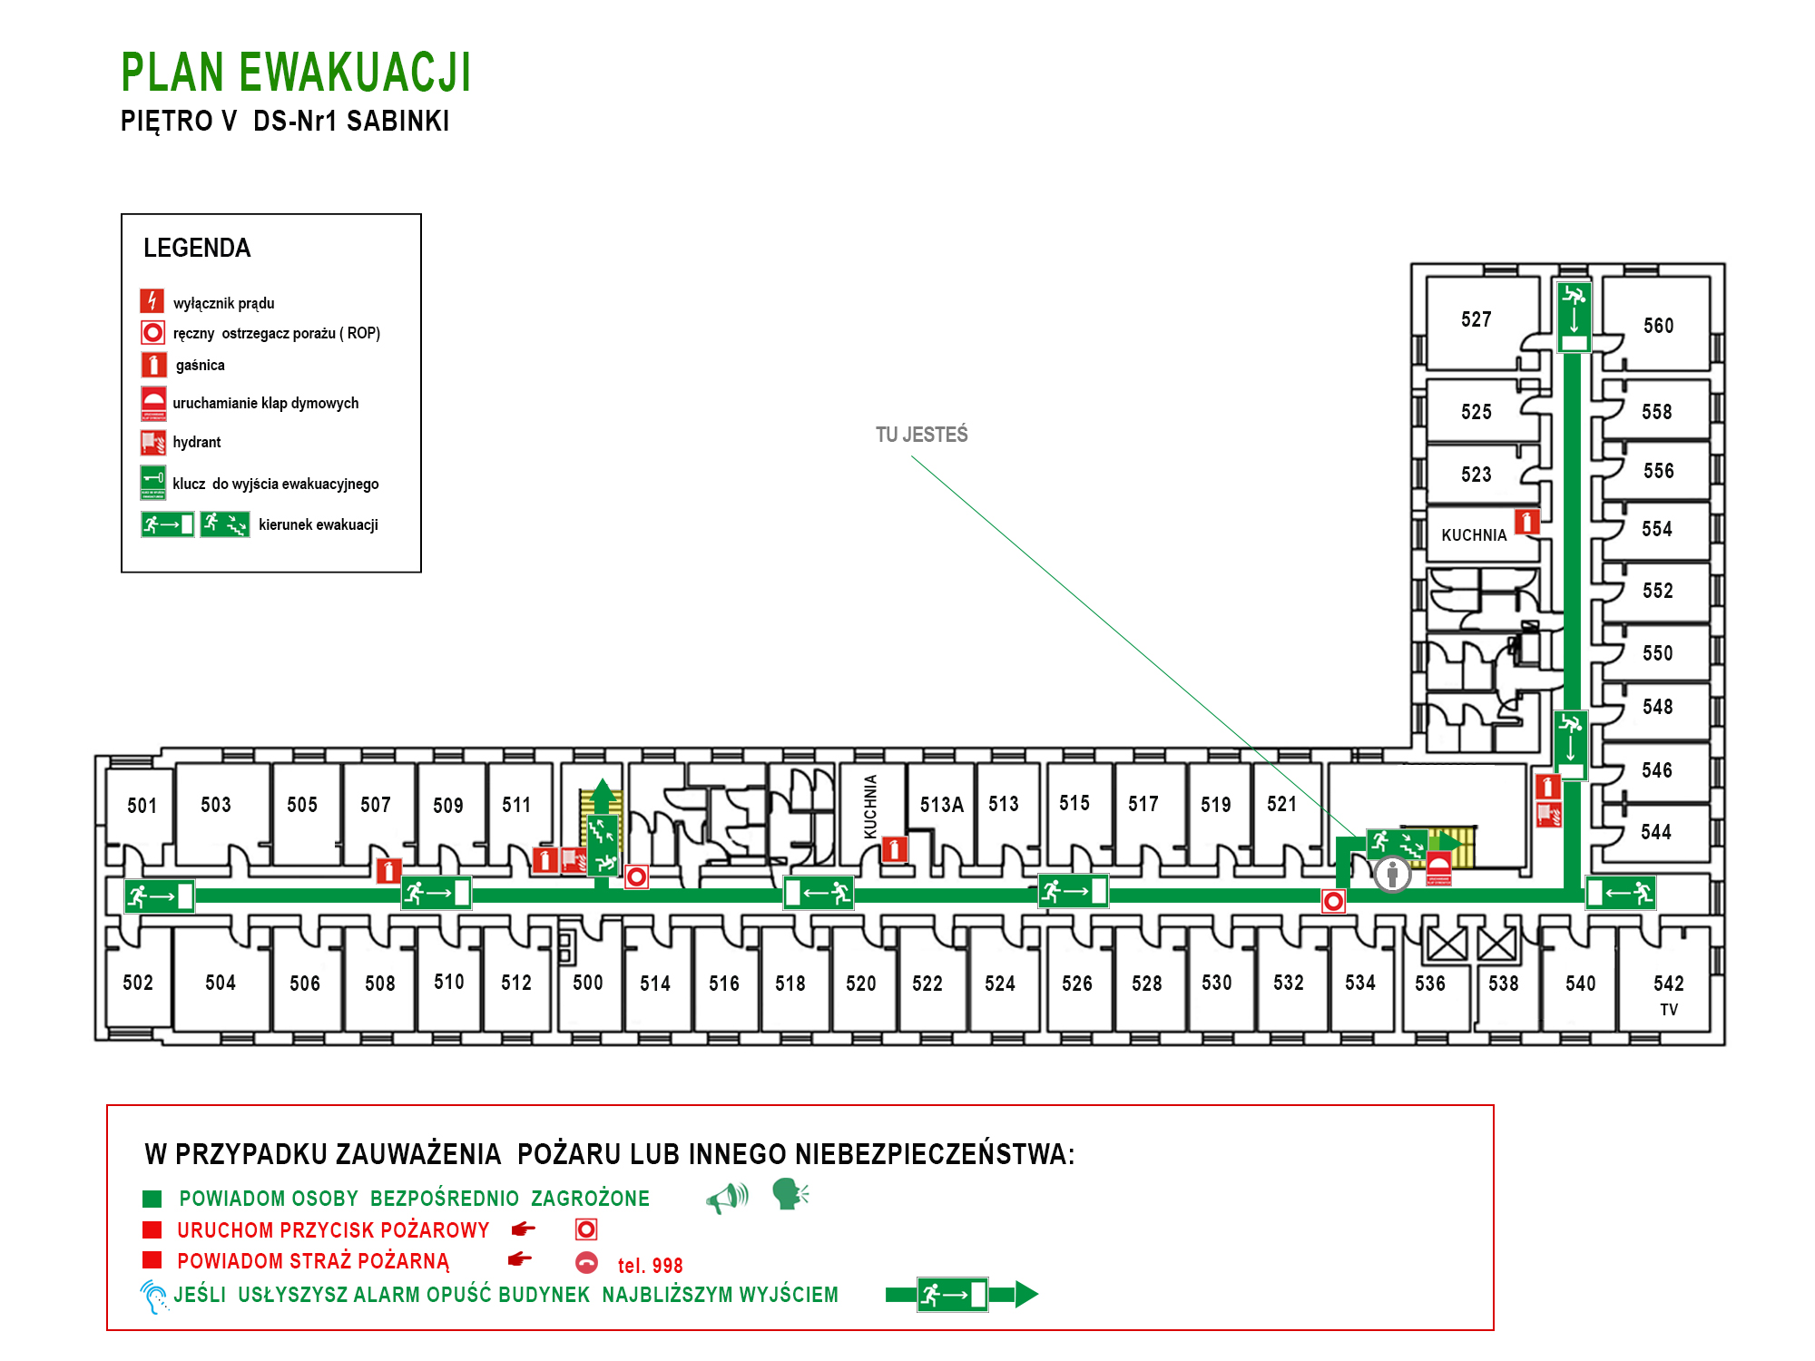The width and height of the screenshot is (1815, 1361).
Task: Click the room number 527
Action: [1476, 319]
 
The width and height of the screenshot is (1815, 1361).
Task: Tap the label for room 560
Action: [1658, 326]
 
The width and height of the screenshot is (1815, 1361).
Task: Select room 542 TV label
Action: [1668, 995]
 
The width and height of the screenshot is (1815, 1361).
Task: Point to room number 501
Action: [142, 806]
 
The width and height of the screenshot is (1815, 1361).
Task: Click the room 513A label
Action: [941, 805]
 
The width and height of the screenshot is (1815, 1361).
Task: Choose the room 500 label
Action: [587, 983]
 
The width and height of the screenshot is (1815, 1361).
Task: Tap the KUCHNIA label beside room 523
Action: [1474, 535]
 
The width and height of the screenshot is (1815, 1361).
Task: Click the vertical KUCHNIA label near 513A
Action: [870, 806]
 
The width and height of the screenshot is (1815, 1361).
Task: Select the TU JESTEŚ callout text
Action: [921, 435]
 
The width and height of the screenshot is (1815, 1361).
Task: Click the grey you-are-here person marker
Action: [1392, 875]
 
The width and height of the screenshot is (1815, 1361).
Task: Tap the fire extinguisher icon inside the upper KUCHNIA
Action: [1527, 522]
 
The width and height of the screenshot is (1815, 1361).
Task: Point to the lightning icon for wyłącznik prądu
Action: [152, 300]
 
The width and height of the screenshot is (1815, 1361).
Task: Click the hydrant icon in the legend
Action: [152, 442]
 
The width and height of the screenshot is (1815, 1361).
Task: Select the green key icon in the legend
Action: [152, 483]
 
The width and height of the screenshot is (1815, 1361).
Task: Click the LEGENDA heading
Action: [197, 248]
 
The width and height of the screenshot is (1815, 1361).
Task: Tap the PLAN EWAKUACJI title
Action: [296, 73]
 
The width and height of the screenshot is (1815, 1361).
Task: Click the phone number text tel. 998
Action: [650, 1266]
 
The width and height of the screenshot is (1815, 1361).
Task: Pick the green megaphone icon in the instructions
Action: [727, 1199]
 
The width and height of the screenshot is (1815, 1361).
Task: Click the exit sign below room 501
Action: [160, 896]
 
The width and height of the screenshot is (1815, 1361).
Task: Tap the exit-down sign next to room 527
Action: [1575, 317]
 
